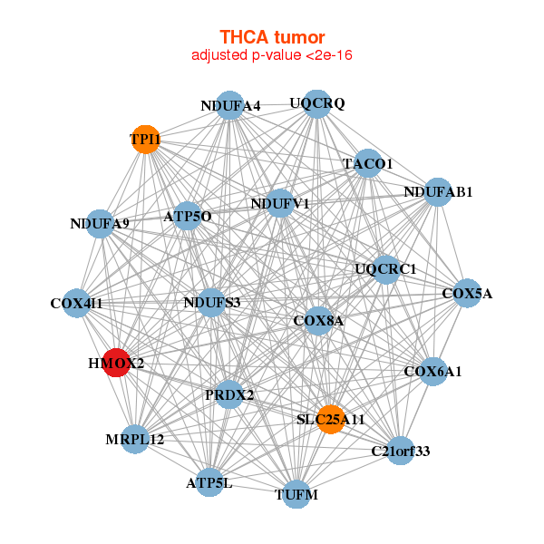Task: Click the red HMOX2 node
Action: tap(116, 363)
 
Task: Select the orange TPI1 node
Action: tap(146, 140)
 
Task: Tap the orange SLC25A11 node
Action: tap(331, 419)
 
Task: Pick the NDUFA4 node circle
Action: tap(229, 105)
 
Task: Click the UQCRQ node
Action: tap(316, 103)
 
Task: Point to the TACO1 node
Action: tap(367, 163)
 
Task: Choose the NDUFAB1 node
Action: tap(438, 191)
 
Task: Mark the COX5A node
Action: tap(467, 293)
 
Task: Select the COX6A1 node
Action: tap(433, 371)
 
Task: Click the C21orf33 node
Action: tap(400, 450)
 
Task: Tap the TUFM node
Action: tap(296, 494)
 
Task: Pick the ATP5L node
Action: tap(209, 482)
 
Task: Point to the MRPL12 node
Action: tap(135, 439)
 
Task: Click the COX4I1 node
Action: tap(76, 303)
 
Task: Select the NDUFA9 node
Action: tap(100, 223)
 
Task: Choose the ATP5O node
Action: tap(187, 216)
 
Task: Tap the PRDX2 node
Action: tap(229, 394)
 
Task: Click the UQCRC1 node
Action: tap(385, 268)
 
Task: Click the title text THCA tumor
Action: tap(272, 37)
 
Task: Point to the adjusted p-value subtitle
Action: tap(272, 55)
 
